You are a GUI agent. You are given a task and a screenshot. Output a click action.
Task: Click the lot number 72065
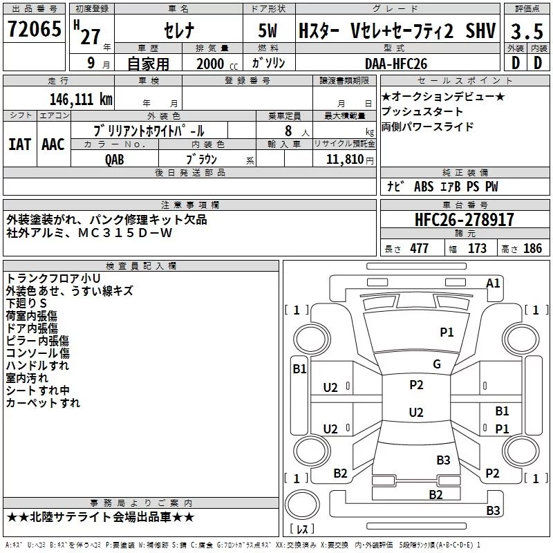[x=35, y=29]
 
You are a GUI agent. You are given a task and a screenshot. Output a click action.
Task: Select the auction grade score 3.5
[x=527, y=31]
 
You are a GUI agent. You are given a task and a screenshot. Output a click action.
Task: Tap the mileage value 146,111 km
[x=81, y=100]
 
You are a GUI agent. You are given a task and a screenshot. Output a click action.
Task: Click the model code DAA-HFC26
[x=396, y=64]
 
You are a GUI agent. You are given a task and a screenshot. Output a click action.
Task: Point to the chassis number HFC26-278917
[x=464, y=220]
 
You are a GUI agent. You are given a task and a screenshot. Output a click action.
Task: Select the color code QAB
[x=115, y=160]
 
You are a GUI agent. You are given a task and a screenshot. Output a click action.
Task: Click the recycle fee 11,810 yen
[x=350, y=160]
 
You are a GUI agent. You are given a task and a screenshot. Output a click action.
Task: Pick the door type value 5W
[x=268, y=30]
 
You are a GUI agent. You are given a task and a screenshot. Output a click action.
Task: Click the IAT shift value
[x=19, y=144]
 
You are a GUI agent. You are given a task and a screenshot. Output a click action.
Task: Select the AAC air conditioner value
[x=53, y=144]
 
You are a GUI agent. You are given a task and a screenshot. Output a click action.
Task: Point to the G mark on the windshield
[x=437, y=364]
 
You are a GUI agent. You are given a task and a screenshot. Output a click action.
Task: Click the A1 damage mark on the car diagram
[x=493, y=283]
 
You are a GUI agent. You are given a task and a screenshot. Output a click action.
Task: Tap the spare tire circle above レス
[x=302, y=505]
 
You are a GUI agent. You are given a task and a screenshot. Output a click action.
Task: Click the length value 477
[x=419, y=248]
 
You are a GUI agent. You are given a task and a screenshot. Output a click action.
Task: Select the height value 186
[x=532, y=248]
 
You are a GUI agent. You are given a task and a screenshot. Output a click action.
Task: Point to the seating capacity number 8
[x=288, y=131]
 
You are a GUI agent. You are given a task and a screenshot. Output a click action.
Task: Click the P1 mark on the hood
[x=447, y=332]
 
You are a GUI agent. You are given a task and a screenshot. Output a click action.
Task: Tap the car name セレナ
[x=179, y=30]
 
